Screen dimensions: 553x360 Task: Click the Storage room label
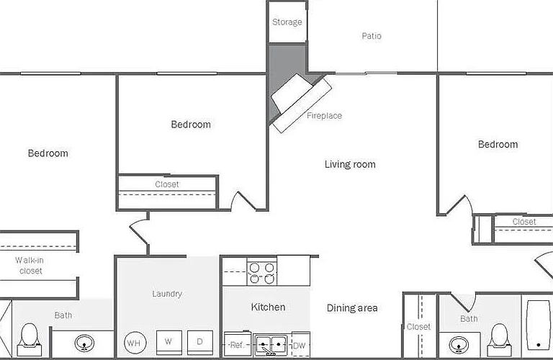287,22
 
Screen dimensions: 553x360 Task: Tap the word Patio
372,36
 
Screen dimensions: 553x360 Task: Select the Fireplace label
324,116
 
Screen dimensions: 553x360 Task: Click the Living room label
350,164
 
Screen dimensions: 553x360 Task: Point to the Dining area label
352,308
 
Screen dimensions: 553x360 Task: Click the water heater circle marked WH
135,343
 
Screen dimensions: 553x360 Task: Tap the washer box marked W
169,343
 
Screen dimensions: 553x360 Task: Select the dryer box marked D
200,343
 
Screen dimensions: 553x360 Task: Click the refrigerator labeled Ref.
238,344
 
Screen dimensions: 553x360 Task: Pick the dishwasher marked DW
300,345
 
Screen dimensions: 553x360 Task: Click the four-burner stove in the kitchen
261,274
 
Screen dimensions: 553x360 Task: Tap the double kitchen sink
271,345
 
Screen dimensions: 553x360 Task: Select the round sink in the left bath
84,343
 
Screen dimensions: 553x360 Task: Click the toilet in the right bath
499,340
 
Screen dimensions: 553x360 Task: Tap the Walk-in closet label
30,266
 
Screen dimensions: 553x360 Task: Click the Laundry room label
167,294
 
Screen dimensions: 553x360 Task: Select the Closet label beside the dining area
418,327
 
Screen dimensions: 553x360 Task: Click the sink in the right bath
459,344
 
